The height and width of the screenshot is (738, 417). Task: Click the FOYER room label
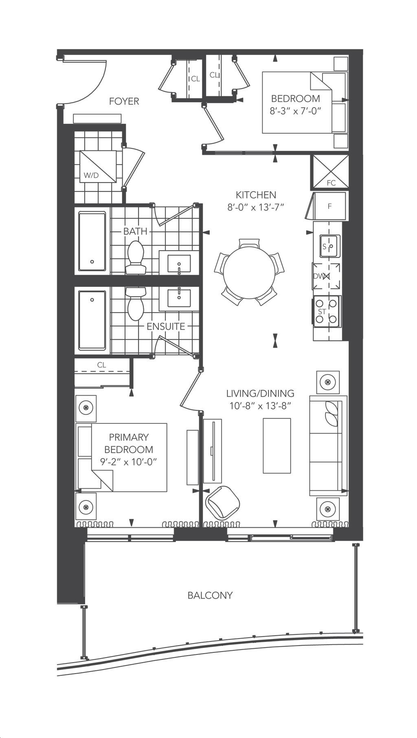pyautogui.click(x=124, y=101)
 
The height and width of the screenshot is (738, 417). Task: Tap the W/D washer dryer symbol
pyautogui.click(x=98, y=166)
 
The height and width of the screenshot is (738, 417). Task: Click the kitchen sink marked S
pyautogui.click(x=329, y=246)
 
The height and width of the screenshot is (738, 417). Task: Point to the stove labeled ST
pyautogui.click(x=327, y=312)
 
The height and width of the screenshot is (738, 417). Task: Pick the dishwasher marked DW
pyautogui.click(x=326, y=276)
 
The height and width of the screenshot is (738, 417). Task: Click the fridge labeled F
pyautogui.click(x=329, y=206)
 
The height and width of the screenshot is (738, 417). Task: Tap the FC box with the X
pyautogui.click(x=330, y=172)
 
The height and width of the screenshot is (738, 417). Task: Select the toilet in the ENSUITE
pyautogui.click(x=136, y=303)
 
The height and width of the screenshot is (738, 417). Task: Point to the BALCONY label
pyautogui.click(x=210, y=595)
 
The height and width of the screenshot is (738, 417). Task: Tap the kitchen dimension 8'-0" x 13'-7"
pyautogui.click(x=255, y=207)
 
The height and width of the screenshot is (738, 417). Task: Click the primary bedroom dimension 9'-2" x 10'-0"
pyautogui.click(x=129, y=462)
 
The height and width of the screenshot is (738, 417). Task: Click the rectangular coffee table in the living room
pyautogui.click(x=277, y=446)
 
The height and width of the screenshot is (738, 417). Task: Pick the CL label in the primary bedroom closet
pyautogui.click(x=102, y=365)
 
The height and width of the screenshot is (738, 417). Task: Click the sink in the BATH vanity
pyautogui.click(x=179, y=264)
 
